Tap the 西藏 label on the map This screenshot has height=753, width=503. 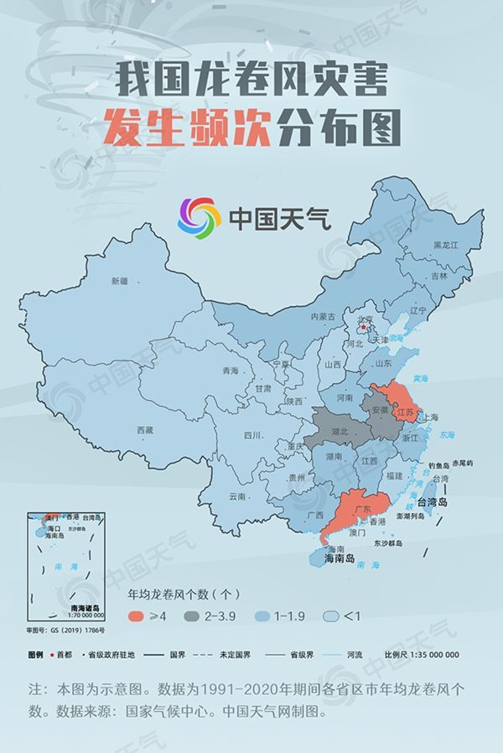(145, 429)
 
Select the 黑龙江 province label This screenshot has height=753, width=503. (445, 245)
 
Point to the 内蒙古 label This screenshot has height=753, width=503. (323, 317)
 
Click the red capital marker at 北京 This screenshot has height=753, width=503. (363, 328)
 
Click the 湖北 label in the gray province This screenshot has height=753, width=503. (338, 431)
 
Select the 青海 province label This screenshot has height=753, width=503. (230, 371)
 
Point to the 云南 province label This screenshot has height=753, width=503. (237, 496)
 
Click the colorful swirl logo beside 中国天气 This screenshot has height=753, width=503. (198, 218)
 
